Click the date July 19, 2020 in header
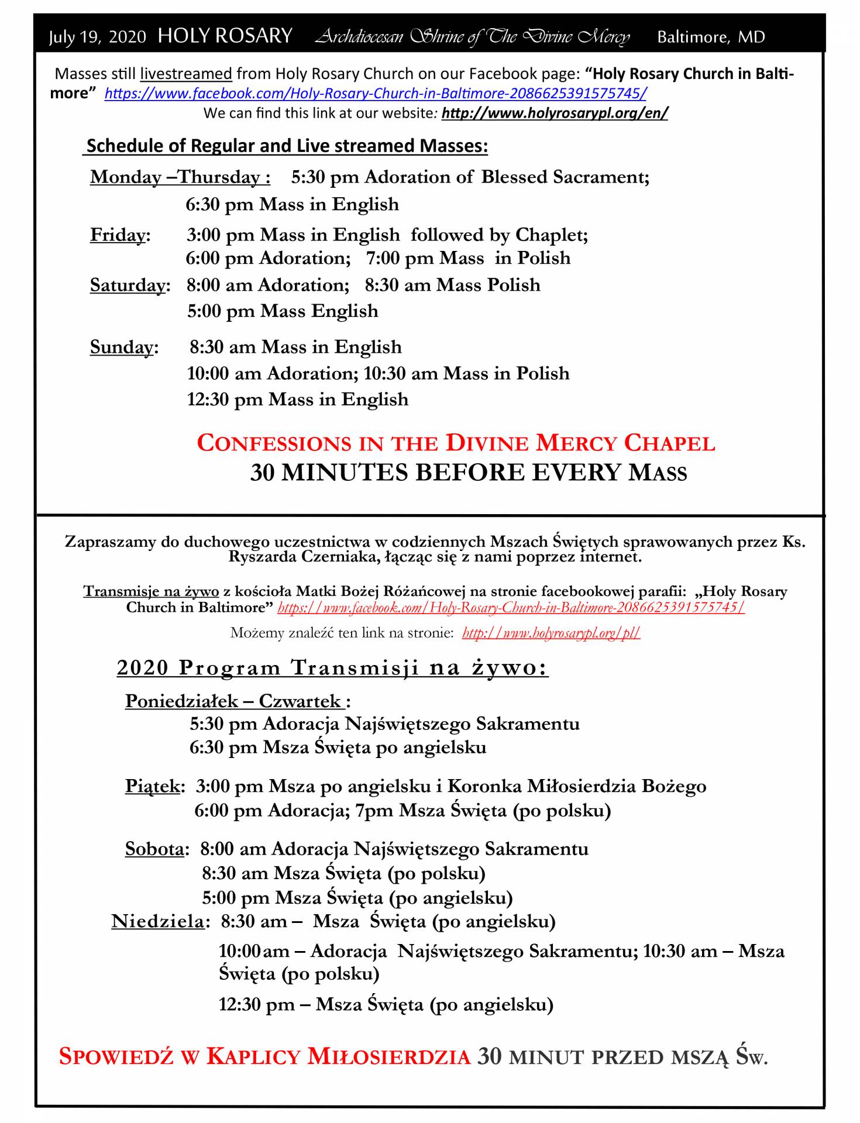click(x=97, y=37)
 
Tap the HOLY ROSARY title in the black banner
click(x=225, y=36)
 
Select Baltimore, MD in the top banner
click(x=711, y=37)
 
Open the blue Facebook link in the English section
click(x=375, y=94)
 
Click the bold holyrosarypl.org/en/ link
click(x=554, y=113)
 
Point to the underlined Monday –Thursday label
click(x=180, y=177)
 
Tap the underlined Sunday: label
click(x=123, y=347)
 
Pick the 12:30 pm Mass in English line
click(x=297, y=399)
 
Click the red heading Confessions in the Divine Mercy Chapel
click(x=456, y=443)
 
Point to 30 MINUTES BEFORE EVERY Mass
click(x=468, y=473)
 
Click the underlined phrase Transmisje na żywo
click(x=151, y=591)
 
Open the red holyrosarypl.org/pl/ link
click(x=551, y=633)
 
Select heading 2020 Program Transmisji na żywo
click(x=332, y=667)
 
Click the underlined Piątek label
click(x=153, y=786)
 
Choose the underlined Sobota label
click(x=155, y=849)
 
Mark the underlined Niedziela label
click(x=159, y=922)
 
